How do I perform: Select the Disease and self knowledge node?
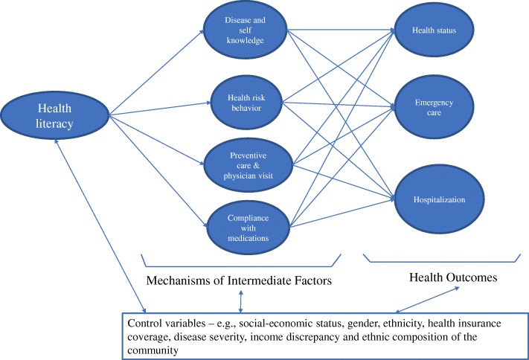[245, 30]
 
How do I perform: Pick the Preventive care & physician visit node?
[245, 161]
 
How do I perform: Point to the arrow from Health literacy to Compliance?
[156, 172]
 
